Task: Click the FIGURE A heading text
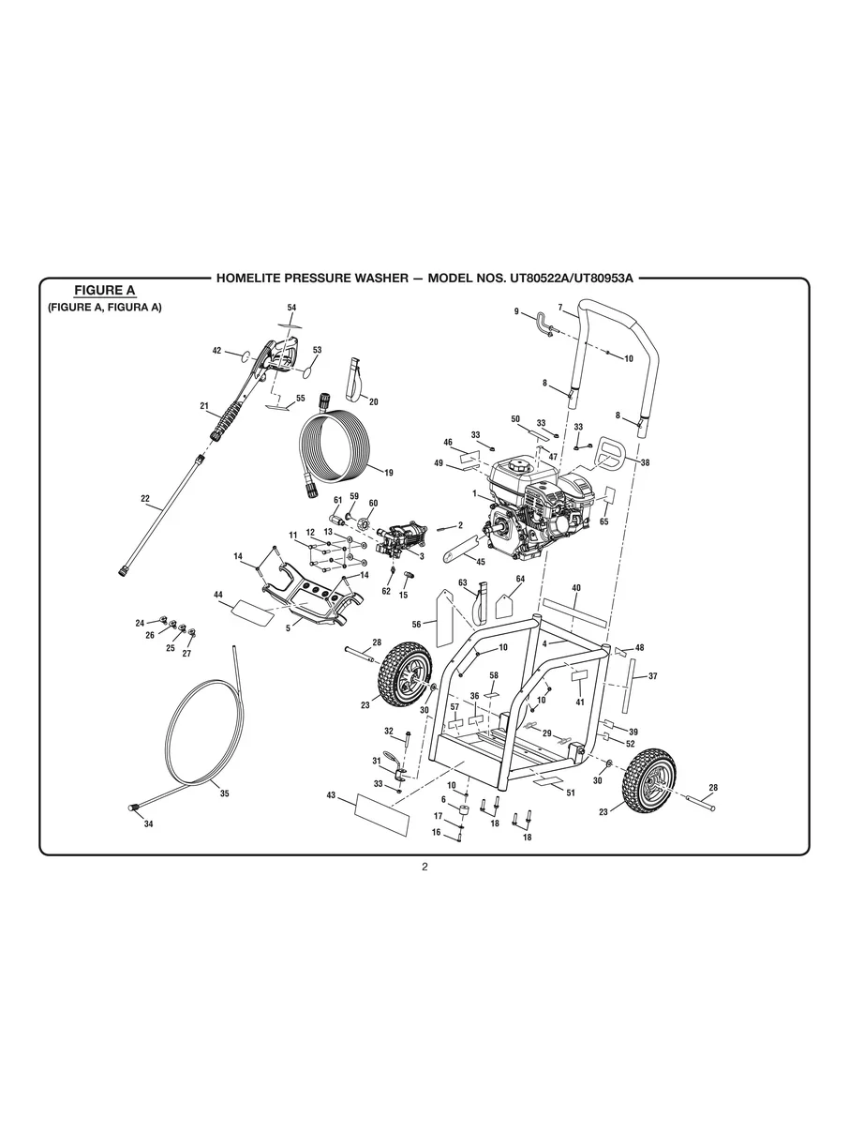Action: coord(105,291)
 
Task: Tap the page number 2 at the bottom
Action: coord(424,867)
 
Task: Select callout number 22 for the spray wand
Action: coord(145,499)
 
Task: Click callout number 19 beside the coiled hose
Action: coord(389,473)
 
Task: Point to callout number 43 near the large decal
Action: coord(331,795)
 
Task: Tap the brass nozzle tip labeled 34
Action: coord(133,807)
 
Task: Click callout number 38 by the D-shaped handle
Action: coord(645,462)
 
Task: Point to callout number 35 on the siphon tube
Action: coord(225,793)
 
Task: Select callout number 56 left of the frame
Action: coord(416,623)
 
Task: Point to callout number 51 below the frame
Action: coord(571,793)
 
